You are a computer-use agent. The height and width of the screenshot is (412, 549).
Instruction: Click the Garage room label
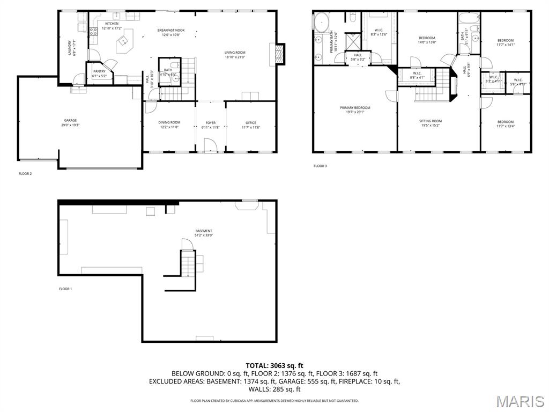click(x=70, y=122)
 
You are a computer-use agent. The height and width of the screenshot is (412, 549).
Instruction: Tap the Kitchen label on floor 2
click(x=112, y=26)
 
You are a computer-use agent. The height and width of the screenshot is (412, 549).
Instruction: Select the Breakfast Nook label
click(x=171, y=32)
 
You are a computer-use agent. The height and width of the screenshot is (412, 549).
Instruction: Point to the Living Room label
click(x=235, y=55)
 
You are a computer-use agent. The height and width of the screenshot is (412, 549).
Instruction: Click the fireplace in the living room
click(x=279, y=53)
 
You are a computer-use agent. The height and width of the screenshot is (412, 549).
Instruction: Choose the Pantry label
click(x=99, y=73)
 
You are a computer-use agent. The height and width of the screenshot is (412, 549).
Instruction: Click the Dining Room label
click(x=169, y=124)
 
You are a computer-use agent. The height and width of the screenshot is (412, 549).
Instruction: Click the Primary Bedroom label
click(x=355, y=109)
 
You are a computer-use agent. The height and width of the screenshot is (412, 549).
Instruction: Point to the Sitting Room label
click(x=431, y=123)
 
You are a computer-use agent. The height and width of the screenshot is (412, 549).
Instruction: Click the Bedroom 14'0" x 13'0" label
click(x=427, y=40)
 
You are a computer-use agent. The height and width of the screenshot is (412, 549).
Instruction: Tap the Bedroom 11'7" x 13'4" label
click(x=505, y=124)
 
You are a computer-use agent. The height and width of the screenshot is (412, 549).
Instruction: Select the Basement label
click(x=204, y=233)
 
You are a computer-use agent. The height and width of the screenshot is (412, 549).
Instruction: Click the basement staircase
click(x=187, y=263)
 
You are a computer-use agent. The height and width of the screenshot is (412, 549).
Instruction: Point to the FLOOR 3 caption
click(x=320, y=166)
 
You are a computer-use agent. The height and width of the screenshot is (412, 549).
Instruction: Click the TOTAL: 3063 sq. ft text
click(x=274, y=365)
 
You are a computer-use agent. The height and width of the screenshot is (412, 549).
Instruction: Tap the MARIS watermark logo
click(x=520, y=401)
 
